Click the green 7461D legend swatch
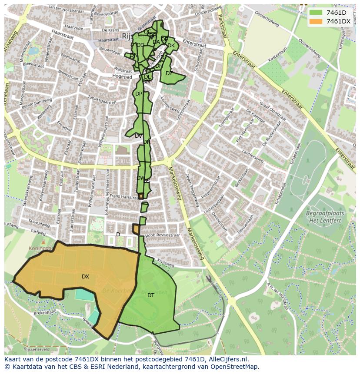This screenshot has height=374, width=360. (316, 13)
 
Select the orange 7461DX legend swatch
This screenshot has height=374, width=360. (316, 21)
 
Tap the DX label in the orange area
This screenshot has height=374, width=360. (85, 277)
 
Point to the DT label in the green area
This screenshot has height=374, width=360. (150, 295)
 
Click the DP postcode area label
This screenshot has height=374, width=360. (138, 94)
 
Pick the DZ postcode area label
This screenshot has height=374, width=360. (169, 73)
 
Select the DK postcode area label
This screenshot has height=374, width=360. (171, 46)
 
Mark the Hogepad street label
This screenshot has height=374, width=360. (122, 77)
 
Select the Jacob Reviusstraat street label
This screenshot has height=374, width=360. (163, 235)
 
